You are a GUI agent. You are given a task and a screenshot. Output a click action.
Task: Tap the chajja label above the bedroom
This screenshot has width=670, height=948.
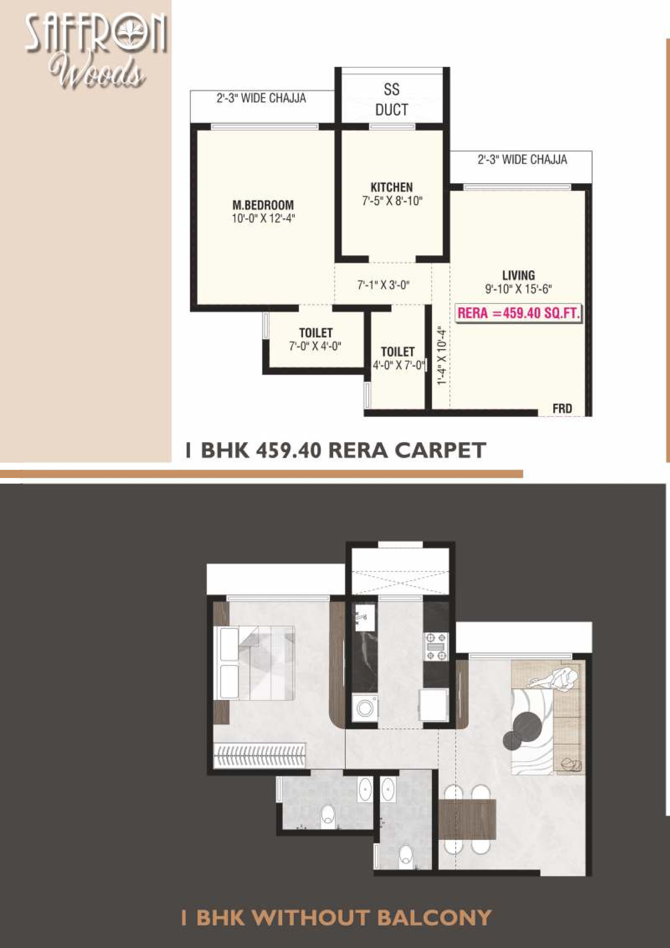(261, 98)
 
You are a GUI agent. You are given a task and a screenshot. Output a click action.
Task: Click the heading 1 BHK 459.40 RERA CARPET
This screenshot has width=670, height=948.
(336, 450)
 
